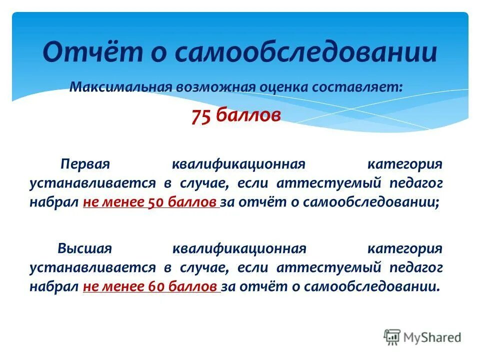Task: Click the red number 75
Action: [201, 116]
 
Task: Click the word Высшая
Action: [84, 248]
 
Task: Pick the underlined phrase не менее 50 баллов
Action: [150, 202]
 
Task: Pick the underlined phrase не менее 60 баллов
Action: [150, 287]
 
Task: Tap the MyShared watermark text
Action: [432, 337]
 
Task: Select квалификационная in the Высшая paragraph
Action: [238, 248]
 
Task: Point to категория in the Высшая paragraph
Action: [405, 248]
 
